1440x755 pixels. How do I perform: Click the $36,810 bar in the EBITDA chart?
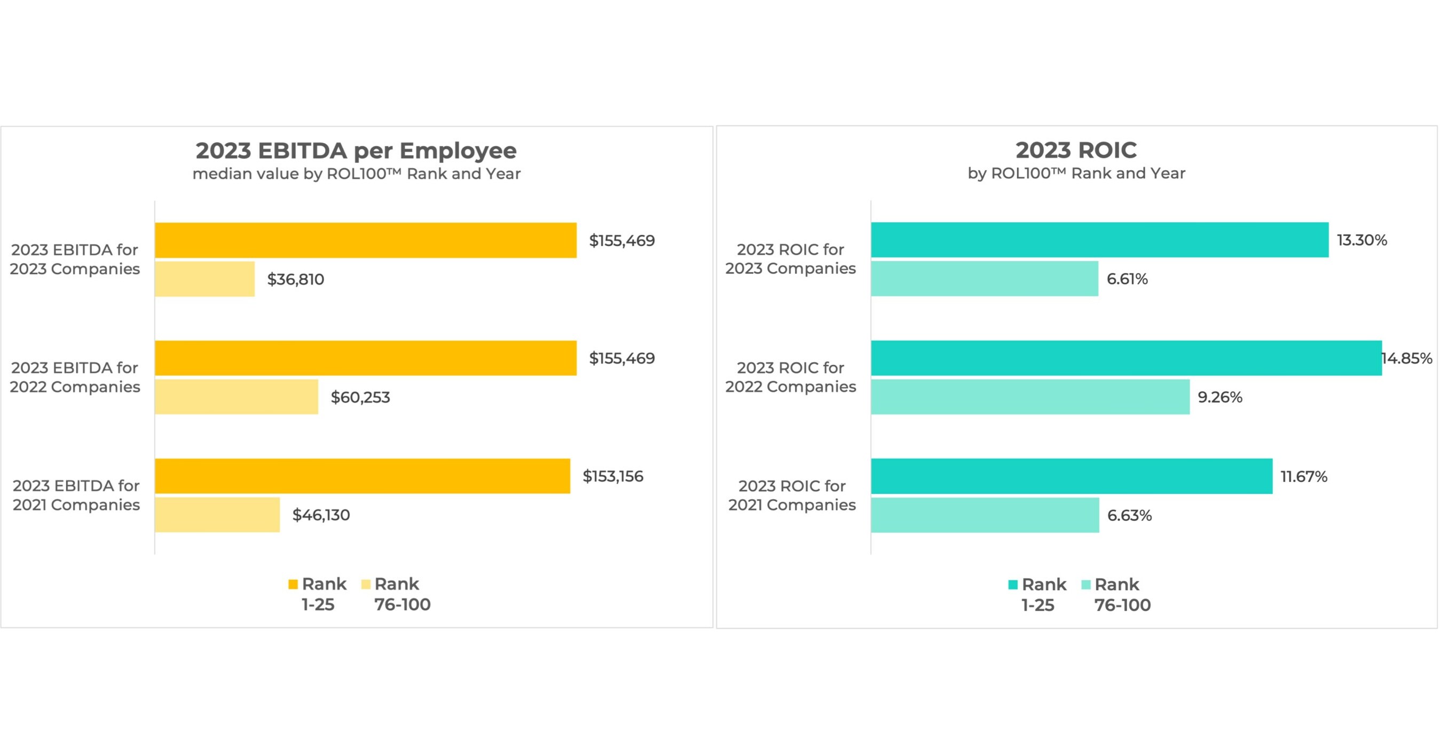click(204, 279)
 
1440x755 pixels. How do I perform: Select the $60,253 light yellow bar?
click(237, 397)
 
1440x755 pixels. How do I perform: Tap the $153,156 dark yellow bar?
click(362, 476)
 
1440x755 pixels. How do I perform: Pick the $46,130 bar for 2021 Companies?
click(217, 515)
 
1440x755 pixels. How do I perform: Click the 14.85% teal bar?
click(1126, 358)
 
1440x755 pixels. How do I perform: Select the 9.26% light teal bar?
click(1030, 397)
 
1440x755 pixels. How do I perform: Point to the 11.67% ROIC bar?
click(1071, 476)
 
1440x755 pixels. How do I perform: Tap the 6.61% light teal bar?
click(984, 278)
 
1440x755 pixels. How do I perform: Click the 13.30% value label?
click(1361, 240)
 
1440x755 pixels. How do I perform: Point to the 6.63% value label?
click(1129, 515)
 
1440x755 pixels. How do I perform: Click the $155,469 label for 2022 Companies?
click(621, 358)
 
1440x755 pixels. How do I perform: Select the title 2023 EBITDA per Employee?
click(356, 151)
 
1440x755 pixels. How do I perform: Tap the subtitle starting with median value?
click(356, 174)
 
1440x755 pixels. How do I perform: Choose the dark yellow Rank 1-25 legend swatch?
click(293, 585)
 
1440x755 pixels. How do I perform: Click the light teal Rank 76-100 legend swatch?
click(1085, 585)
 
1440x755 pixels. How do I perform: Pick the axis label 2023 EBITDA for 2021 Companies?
click(76, 495)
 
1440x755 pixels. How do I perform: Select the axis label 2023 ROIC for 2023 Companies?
click(790, 259)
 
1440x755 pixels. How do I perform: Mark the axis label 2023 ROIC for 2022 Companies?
click(790, 377)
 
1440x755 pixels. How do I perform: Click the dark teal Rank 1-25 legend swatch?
click(1012, 585)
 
